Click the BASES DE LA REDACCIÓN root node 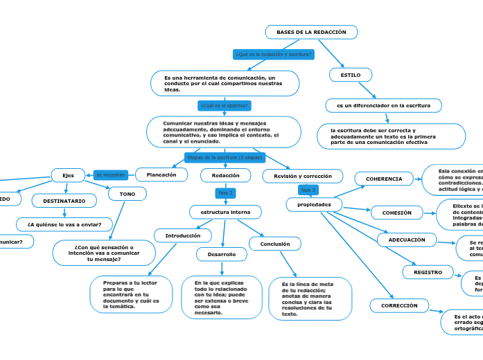click(311, 33)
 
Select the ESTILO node click(351, 74)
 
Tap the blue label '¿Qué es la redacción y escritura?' click(274, 54)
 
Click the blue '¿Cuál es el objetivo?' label click(225, 106)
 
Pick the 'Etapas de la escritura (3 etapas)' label click(225, 157)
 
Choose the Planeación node click(161, 175)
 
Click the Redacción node click(225, 176)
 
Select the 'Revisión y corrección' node click(303, 177)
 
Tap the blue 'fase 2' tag click(226, 193)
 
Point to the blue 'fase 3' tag click(308, 190)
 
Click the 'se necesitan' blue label click(111, 175)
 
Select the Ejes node click(68, 175)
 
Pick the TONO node click(128, 195)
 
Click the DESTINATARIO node click(64, 201)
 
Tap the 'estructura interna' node click(225, 211)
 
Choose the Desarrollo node click(222, 255)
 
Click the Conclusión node click(275, 244)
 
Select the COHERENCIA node click(384, 179)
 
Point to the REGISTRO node click(428, 272)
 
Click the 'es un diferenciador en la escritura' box click(383, 105)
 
